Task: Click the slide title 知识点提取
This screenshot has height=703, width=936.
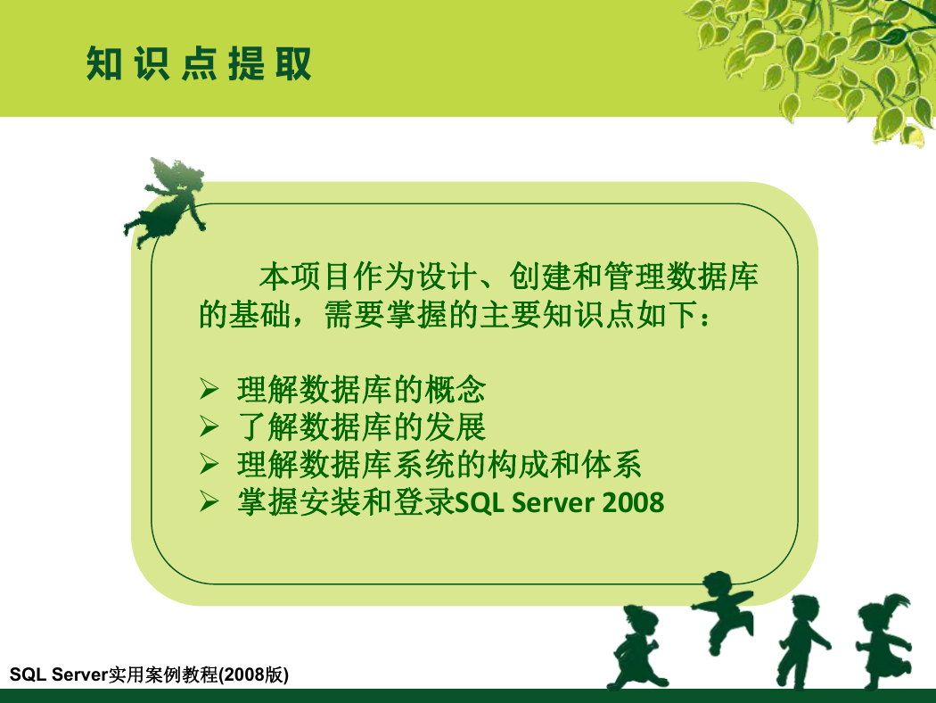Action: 199,63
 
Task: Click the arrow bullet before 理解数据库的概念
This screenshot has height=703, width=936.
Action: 209,389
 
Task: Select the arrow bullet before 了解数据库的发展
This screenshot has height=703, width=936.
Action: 209,426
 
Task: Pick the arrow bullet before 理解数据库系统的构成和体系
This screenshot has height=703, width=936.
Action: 209,464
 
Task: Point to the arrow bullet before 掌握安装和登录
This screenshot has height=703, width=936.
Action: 209,501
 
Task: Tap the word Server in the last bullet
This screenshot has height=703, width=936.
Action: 552,503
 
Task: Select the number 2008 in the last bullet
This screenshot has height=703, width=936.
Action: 633,503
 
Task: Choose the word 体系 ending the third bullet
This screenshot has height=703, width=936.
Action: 612,464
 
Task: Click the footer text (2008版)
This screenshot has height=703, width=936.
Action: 254,674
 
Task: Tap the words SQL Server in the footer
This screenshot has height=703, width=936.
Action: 59,674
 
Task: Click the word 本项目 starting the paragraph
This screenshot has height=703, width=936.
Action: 306,277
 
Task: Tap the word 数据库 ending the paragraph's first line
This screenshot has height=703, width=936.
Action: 712,277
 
